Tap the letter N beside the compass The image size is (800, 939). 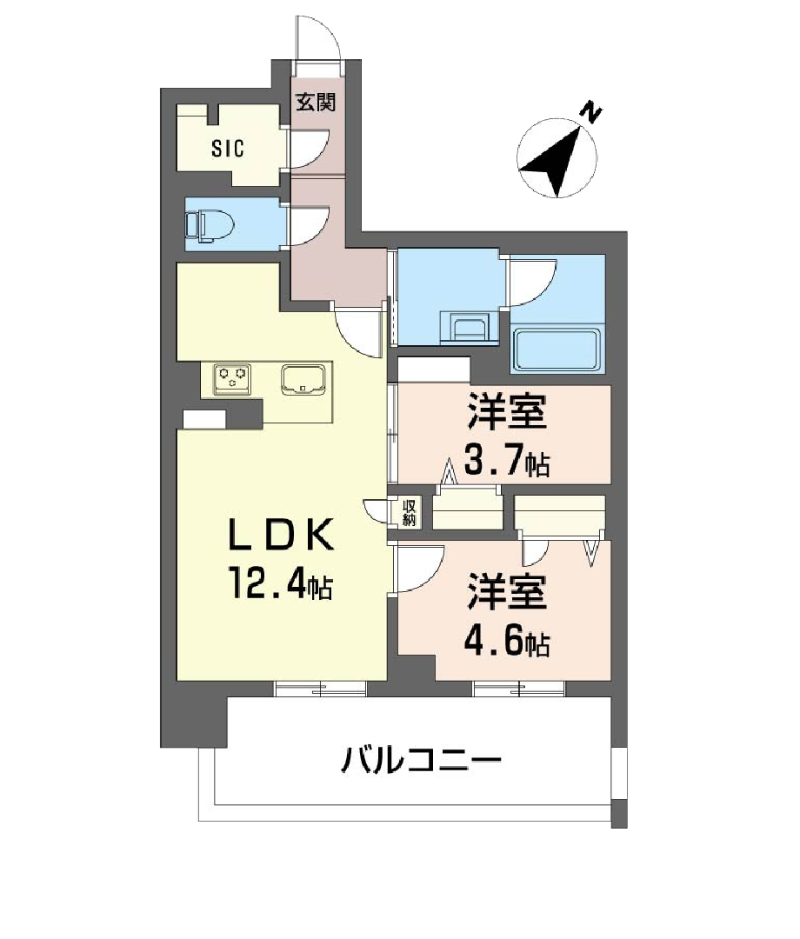point(591,112)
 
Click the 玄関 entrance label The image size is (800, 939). point(315,103)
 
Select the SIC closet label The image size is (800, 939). point(228,148)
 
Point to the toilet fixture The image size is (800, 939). point(210,225)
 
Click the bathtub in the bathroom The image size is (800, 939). point(557,350)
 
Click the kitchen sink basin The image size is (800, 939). point(303,379)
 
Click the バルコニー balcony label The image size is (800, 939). point(421,763)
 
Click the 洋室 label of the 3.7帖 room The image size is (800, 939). point(507,413)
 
